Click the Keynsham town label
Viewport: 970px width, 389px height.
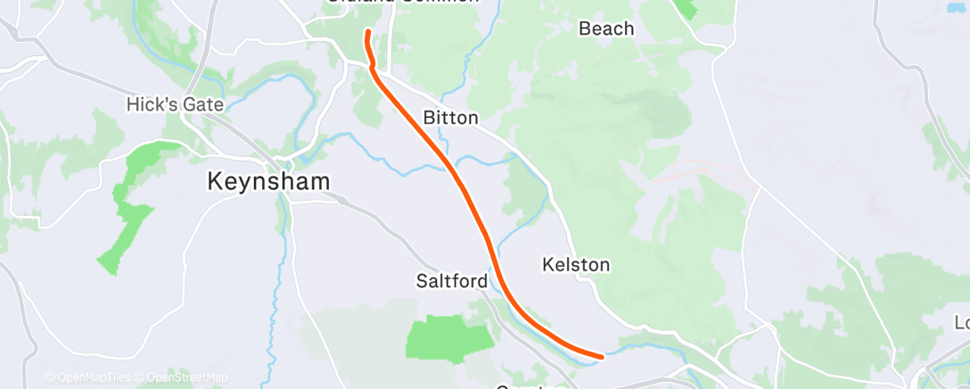coord(268,181)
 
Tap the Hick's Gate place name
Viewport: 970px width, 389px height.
coord(175,104)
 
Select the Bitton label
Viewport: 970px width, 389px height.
coord(450,118)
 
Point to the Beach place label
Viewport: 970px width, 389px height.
coord(606,29)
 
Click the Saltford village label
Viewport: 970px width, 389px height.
coord(452,281)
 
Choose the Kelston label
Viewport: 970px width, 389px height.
coord(576,265)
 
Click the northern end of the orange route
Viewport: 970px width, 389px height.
coord(366,33)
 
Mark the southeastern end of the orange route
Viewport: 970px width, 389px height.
coord(601,357)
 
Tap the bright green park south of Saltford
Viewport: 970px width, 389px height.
coord(449,338)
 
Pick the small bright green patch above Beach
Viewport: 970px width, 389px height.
coord(686,8)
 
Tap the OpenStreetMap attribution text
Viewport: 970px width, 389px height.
coord(186,377)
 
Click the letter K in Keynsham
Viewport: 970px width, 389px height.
coord(215,181)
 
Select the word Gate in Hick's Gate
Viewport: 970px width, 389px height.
coord(202,104)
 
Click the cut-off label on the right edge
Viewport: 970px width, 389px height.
coord(962,322)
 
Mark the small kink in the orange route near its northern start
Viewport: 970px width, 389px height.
coord(372,65)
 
